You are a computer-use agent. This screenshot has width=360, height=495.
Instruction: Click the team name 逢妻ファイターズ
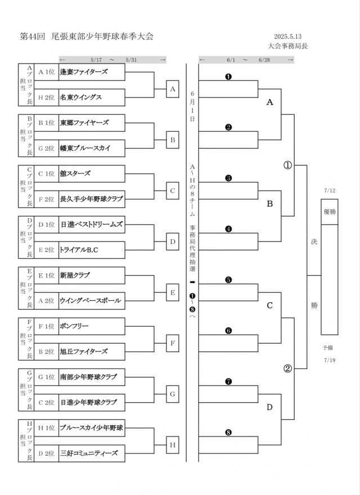click(84, 71)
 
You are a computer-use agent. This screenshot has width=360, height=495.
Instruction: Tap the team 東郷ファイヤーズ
click(84, 122)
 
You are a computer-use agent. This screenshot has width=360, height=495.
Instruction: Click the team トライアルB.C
click(79, 249)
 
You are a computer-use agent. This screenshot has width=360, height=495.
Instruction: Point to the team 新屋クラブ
click(75, 275)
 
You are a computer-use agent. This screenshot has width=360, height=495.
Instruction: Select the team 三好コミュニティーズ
click(88, 452)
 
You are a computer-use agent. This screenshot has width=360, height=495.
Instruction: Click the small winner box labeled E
click(173, 292)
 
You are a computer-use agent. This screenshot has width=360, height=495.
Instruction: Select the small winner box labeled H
click(173, 445)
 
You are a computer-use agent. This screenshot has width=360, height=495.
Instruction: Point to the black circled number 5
click(228, 280)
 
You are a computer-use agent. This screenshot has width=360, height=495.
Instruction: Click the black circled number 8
click(228, 433)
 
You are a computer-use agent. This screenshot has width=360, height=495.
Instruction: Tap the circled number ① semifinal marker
click(287, 165)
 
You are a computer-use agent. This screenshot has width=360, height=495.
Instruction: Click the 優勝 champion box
click(329, 211)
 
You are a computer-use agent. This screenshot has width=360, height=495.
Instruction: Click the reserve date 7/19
click(330, 360)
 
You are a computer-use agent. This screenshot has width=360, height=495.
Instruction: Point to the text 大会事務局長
click(288, 46)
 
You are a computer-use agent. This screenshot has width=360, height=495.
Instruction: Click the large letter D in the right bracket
click(269, 407)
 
